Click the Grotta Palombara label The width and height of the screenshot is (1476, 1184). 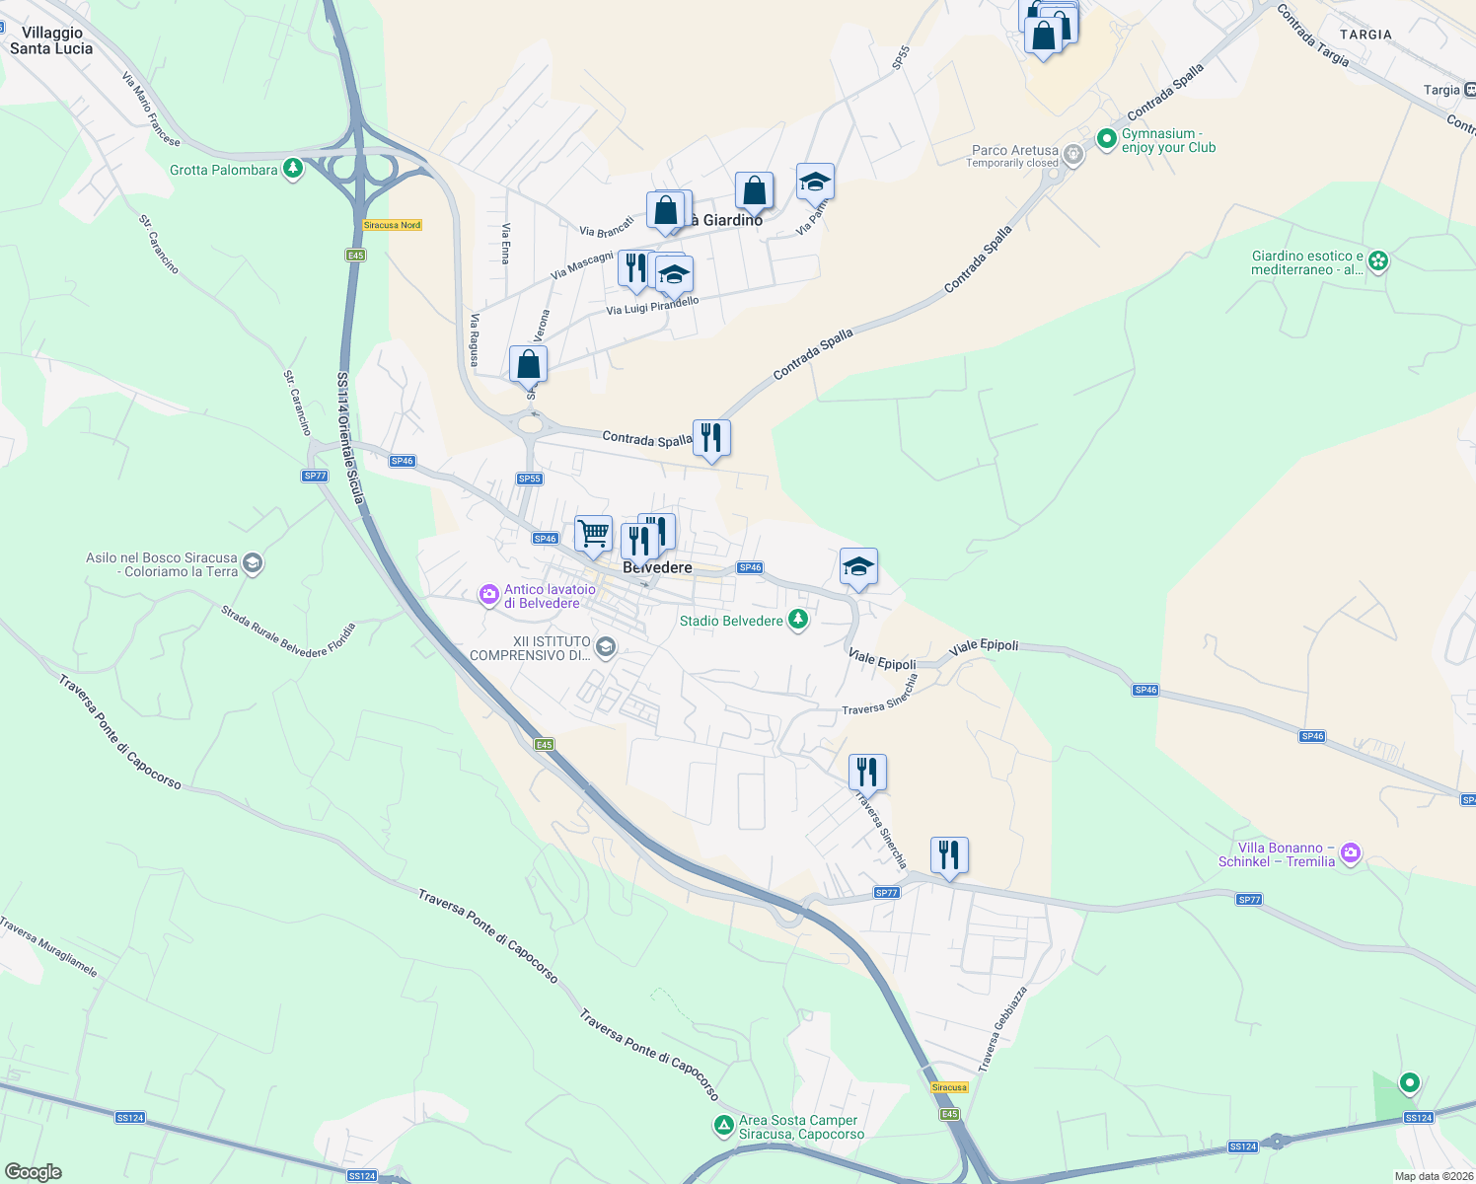pyautogui.click(x=224, y=170)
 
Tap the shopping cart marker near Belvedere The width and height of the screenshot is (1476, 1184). pyautogui.click(x=593, y=534)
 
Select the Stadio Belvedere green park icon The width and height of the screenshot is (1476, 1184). pyautogui.click(x=799, y=620)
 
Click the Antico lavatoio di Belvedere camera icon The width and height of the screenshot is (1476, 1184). pyautogui.click(x=488, y=595)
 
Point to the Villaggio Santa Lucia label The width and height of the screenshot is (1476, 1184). pyautogui.click(x=51, y=40)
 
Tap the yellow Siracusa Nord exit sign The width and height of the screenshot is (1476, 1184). pyautogui.click(x=392, y=225)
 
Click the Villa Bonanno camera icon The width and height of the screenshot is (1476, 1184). pyautogui.click(x=1351, y=852)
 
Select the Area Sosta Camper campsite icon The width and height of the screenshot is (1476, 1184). pyautogui.click(x=724, y=1125)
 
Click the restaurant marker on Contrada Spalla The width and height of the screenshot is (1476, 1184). pyautogui.click(x=710, y=437)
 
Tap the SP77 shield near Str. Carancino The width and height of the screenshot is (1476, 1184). pyautogui.click(x=314, y=476)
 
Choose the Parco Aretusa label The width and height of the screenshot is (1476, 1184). pyautogui.click(x=1015, y=150)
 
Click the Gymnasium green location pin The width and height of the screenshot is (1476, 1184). pyautogui.click(x=1106, y=136)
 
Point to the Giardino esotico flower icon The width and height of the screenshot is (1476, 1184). pyautogui.click(x=1378, y=261)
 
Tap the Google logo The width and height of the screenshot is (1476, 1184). pyautogui.click(x=33, y=1172)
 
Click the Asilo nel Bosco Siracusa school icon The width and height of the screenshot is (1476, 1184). pyautogui.click(x=253, y=563)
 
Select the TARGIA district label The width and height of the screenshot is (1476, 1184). pyautogui.click(x=1365, y=35)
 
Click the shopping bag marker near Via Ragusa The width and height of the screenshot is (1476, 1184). pyautogui.click(x=528, y=364)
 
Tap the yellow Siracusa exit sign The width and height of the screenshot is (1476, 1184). pyautogui.click(x=949, y=1087)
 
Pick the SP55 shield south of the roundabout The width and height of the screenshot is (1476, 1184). pyautogui.click(x=530, y=479)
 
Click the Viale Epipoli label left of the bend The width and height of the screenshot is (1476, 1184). pyautogui.click(x=882, y=661)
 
